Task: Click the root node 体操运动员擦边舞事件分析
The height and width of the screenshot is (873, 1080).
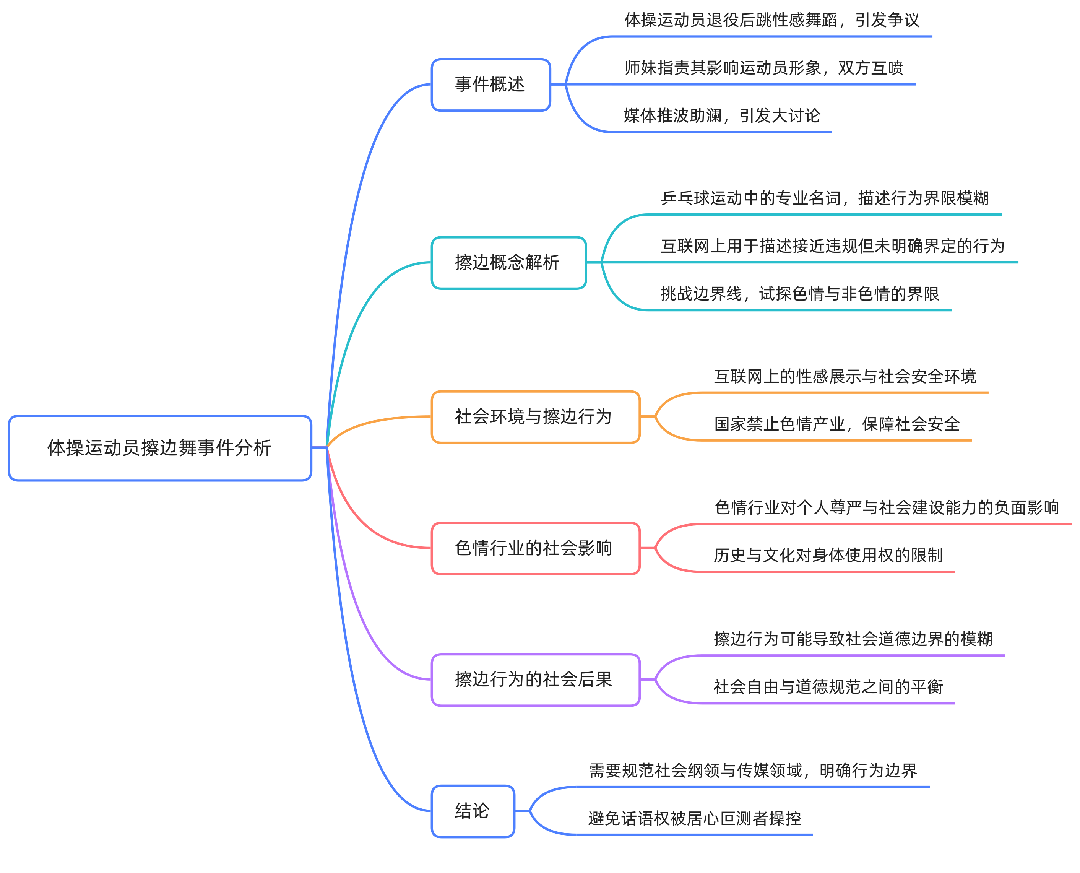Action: (x=160, y=447)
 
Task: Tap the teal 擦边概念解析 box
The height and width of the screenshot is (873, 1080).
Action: (x=508, y=262)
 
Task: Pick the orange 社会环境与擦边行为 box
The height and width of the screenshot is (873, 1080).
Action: (x=535, y=416)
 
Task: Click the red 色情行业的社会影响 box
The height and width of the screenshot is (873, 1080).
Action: (x=535, y=548)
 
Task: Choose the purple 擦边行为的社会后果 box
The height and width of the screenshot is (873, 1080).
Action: (x=535, y=680)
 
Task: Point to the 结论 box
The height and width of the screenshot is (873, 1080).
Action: (x=473, y=811)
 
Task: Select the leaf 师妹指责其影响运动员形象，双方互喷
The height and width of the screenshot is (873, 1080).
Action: (x=763, y=68)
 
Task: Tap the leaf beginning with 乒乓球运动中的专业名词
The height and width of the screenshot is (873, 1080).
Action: (x=825, y=198)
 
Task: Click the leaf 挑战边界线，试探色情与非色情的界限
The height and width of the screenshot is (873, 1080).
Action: (x=799, y=294)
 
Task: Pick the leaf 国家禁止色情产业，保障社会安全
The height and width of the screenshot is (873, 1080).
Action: (x=836, y=424)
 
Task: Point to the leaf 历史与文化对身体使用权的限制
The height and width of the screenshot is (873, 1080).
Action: (x=828, y=555)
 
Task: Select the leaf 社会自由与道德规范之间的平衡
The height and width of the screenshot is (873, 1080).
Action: (x=828, y=686)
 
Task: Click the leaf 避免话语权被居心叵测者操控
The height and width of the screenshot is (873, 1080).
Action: (x=694, y=818)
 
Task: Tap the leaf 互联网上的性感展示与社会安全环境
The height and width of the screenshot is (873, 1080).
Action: (x=845, y=376)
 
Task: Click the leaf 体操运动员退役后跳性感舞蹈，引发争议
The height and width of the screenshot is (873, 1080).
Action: (x=772, y=20)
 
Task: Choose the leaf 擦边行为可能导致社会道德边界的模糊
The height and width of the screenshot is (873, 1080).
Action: (x=853, y=639)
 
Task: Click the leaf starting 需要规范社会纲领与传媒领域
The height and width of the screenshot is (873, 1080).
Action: (x=753, y=771)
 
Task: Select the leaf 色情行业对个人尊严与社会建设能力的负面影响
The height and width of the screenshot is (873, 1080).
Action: (x=887, y=507)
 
